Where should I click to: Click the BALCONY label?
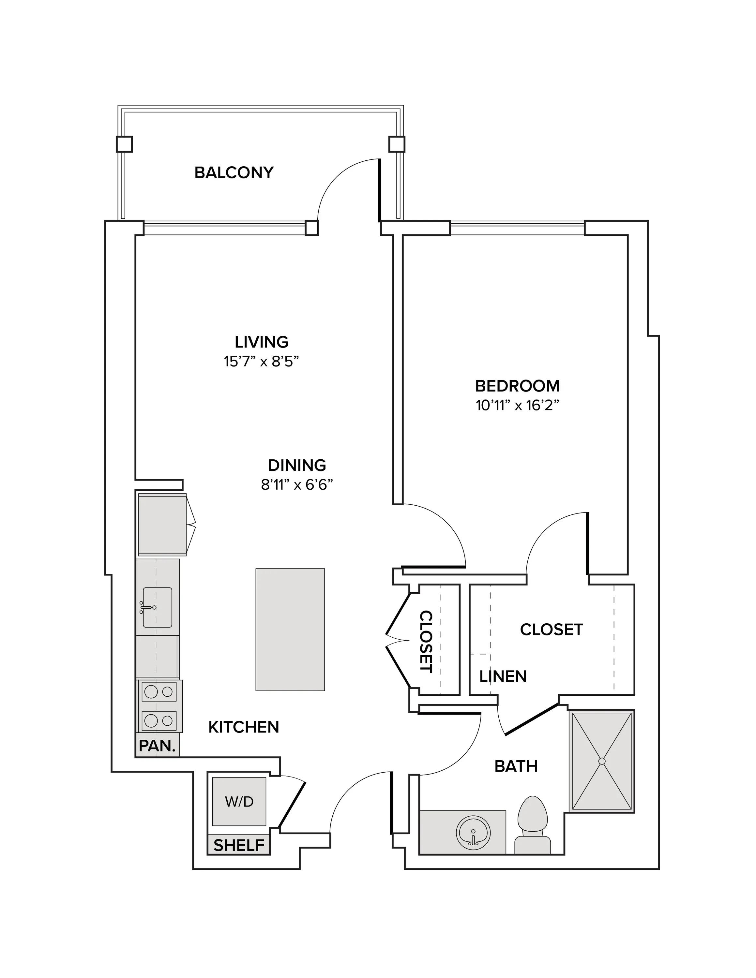coord(234,172)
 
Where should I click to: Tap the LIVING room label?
coord(262,342)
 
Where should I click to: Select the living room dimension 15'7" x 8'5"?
coord(262,362)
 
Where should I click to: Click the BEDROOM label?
coord(517,386)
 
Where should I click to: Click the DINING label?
coord(297,465)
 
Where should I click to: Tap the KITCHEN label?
coord(244,727)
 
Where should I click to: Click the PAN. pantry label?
coord(157,746)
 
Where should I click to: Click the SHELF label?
coord(239,845)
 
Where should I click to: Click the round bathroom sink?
coord(473,832)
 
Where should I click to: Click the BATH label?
coord(516,766)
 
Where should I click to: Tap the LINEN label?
coord(503,676)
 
